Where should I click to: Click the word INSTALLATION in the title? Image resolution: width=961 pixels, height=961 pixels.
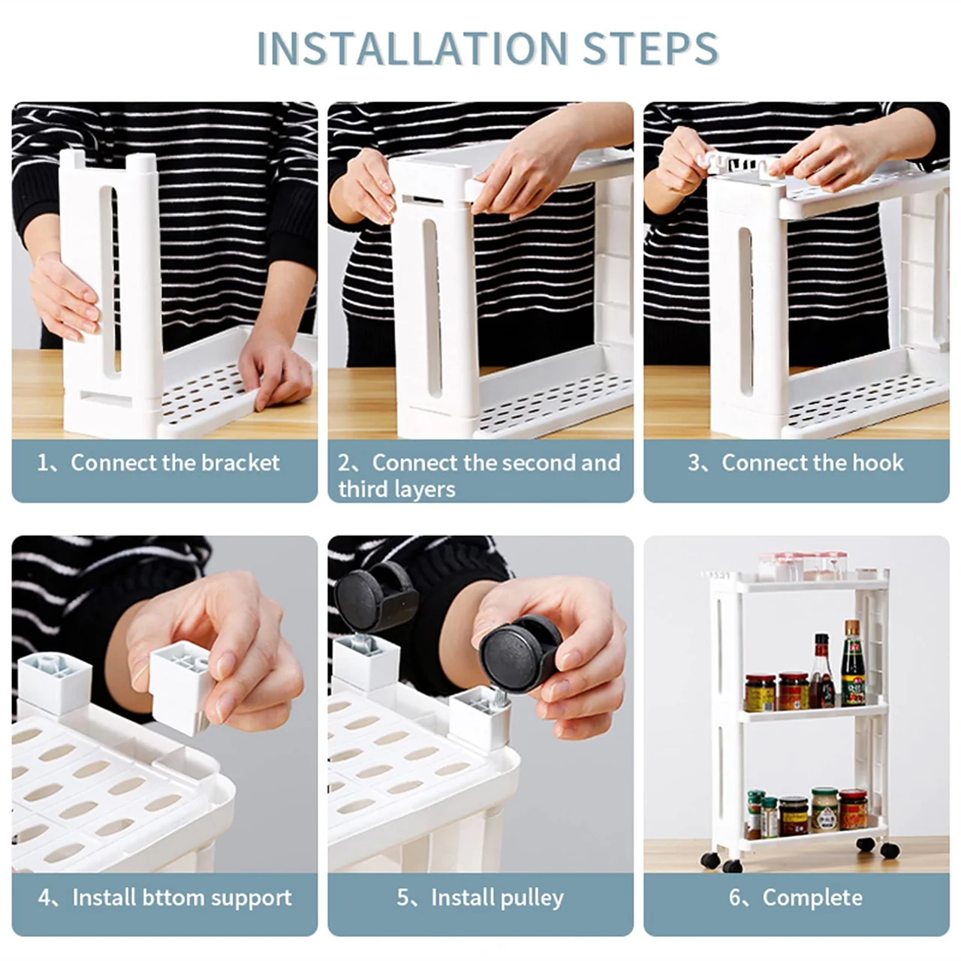click(x=412, y=48)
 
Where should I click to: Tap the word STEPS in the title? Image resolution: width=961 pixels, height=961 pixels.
click(x=650, y=48)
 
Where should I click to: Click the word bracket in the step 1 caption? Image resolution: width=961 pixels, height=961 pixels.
click(x=240, y=462)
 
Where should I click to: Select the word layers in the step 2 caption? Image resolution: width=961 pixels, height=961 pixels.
click(x=423, y=490)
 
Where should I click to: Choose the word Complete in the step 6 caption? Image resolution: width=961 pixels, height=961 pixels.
click(x=812, y=898)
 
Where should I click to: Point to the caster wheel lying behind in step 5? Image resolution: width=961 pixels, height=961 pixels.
click(x=375, y=596)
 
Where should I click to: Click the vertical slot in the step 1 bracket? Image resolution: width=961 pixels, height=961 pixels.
click(x=110, y=280)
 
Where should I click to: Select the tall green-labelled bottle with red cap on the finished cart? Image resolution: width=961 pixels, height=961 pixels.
click(x=854, y=663)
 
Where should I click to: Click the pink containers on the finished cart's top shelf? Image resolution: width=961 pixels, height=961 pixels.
click(x=803, y=566)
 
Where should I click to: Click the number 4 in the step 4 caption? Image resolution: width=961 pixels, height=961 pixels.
click(x=44, y=898)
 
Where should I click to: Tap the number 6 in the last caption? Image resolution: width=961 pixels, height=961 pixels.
click(x=735, y=898)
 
